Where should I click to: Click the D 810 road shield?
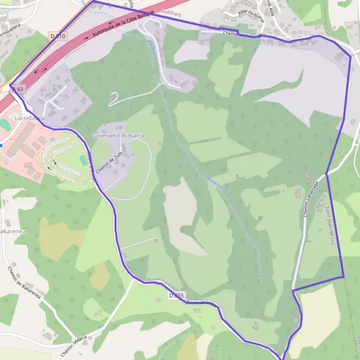click(x=58, y=37)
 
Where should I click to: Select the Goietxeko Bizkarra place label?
click(x=118, y=136)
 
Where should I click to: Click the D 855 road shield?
click(x=176, y=296)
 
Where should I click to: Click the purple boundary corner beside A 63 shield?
click(x=10, y=86)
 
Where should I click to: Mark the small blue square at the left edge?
click(x=1, y=145)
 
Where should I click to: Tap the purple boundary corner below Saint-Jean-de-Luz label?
click(x=343, y=277)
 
